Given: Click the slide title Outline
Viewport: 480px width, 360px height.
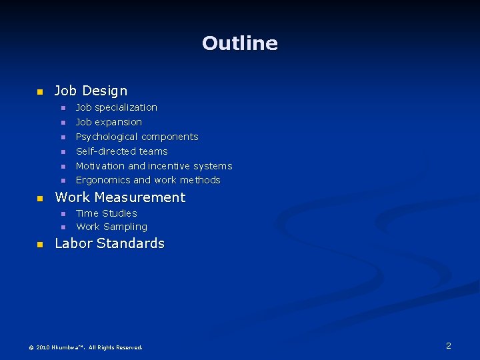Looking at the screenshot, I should pyautogui.click(x=240, y=43).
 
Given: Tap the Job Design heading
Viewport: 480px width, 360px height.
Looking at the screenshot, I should pyautogui.click(x=91, y=91).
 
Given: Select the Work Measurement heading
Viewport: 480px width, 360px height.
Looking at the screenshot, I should pyautogui.click(x=120, y=197).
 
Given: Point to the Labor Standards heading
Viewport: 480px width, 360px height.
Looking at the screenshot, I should pyautogui.click(x=109, y=243).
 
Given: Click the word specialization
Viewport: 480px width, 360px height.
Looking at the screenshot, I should pyautogui.click(x=126, y=107).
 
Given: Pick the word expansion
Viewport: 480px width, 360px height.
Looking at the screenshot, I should pyautogui.click(x=118, y=122).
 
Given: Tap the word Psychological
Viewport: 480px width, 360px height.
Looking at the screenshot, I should pyautogui.click(x=107, y=137).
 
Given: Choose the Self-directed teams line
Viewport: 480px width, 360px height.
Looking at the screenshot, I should pyautogui.click(x=121, y=151).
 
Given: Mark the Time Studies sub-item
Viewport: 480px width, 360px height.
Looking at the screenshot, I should pyautogui.click(x=106, y=213).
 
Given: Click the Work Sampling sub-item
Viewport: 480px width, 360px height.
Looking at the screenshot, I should pyautogui.click(x=111, y=227).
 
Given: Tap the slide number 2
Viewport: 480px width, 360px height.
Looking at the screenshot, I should pyautogui.click(x=449, y=345).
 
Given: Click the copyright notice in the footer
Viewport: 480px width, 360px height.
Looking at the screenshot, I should pyautogui.click(x=85, y=347).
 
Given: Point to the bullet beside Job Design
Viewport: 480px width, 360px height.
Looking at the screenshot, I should pyautogui.click(x=39, y=91).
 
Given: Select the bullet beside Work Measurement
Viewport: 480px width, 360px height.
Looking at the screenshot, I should pyautogui.click(x=39, y=198).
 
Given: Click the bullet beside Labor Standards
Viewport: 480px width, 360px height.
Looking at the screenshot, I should pyautogui.click(x=39, y=244).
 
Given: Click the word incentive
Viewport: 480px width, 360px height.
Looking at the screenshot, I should pyautogui.click(x=169, y=166).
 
